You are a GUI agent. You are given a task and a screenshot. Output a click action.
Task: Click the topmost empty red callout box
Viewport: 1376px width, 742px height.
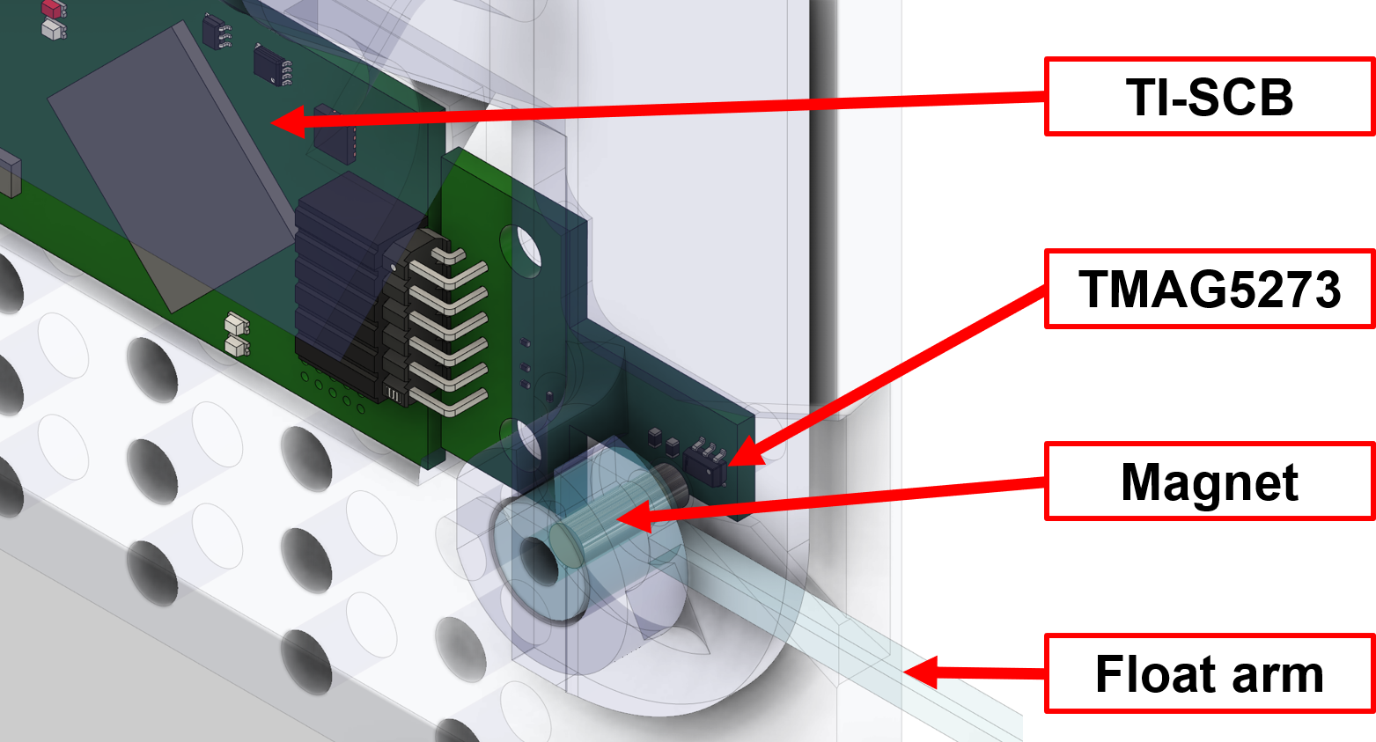1209,96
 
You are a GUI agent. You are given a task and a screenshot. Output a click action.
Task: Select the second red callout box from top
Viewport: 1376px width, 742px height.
1209,289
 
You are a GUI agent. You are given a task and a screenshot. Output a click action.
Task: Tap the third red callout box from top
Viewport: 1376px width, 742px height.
1209,481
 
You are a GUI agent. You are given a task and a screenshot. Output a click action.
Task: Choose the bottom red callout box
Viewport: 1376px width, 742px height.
1209,672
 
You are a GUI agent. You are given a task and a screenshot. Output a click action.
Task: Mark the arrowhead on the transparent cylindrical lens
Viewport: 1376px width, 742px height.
632,518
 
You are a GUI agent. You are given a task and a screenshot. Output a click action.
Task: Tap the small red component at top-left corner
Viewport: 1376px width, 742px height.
53,9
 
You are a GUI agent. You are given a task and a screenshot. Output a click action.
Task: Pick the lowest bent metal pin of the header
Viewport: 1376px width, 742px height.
454,400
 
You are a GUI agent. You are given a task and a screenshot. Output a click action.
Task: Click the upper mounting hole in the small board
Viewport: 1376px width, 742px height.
528,249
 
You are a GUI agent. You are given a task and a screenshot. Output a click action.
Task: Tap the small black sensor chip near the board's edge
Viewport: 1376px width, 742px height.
704,462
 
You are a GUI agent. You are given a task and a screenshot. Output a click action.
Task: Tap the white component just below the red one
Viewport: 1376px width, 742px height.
53,29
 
